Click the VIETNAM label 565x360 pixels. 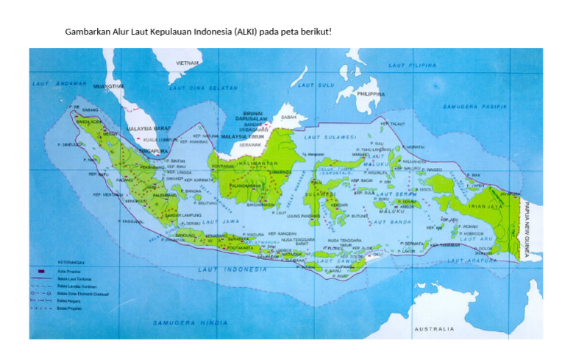pos(187,63)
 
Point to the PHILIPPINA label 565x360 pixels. pos(370,94)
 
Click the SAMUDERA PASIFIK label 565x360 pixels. pos(475,107)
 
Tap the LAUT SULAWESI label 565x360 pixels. pos(333,137)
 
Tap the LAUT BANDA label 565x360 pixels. pos(390,221)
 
